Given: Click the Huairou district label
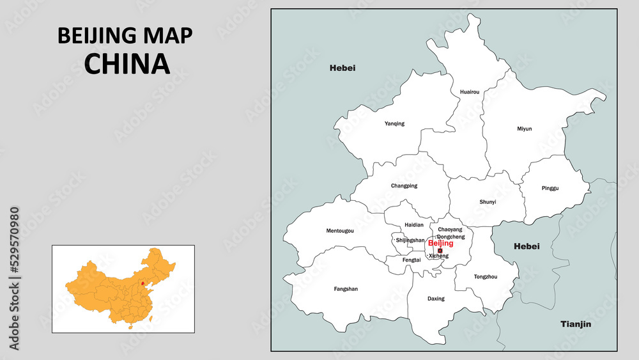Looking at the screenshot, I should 470,92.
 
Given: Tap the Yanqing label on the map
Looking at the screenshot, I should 394,123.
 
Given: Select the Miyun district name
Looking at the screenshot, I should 524,129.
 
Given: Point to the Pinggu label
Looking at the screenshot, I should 550,188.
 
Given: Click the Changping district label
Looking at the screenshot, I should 404,186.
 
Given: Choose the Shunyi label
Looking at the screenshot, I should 488,202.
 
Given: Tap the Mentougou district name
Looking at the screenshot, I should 340,230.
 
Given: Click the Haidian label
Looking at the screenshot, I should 414,225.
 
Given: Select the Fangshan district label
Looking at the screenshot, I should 346,289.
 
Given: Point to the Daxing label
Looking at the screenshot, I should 436,299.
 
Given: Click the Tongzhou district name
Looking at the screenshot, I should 486,277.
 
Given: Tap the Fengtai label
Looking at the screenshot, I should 412,260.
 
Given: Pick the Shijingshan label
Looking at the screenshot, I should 410,240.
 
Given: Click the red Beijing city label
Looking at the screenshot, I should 440,244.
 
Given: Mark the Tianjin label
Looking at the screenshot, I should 576,324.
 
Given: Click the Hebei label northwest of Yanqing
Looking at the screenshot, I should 343,68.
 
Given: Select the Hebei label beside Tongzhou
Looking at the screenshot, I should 527,246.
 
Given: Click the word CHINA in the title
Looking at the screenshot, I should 127,63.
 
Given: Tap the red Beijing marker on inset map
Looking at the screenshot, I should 142,282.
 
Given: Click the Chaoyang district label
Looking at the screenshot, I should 450,229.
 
